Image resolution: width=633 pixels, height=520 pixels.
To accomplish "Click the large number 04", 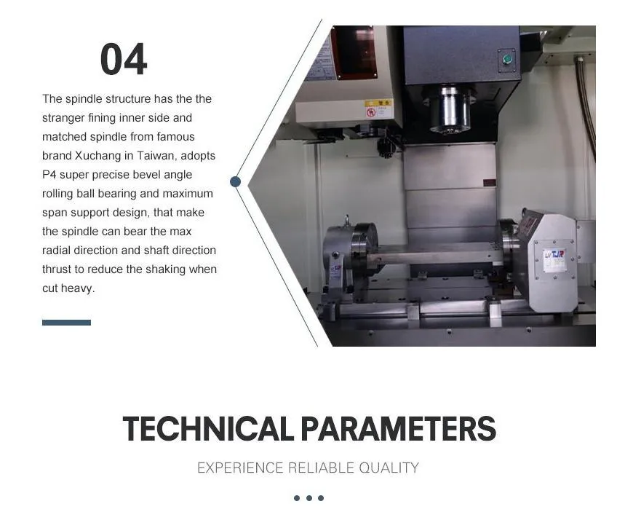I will [124, 60].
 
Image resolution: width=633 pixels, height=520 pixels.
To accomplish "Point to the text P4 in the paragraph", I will [49, 175].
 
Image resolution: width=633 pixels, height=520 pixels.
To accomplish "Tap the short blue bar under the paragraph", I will [66, 323].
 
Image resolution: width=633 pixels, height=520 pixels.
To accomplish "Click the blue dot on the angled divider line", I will [235, 181].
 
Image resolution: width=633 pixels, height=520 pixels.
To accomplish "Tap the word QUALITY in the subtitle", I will [390, 468].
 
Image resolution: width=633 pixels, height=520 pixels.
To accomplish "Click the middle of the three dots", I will [308, 498].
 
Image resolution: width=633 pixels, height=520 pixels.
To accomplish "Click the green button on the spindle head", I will [507, 59].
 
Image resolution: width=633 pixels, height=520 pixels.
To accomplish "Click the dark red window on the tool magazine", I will [354, 52].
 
